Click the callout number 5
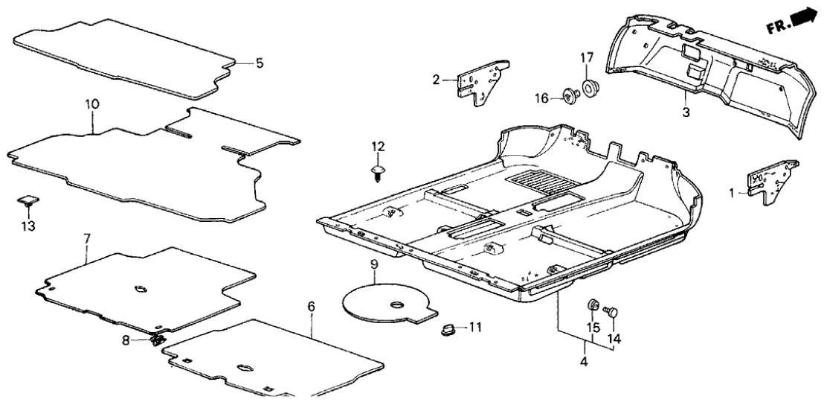tap(259, 63)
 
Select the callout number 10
tap(91, 105)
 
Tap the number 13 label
tap(28, 226)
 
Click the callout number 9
tap(374, 264)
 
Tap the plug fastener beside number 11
tap(449, 328)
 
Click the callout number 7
tap(86, 238)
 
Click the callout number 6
tap(311, 306)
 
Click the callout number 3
tap(686, 112)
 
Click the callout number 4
tap(584, 363)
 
